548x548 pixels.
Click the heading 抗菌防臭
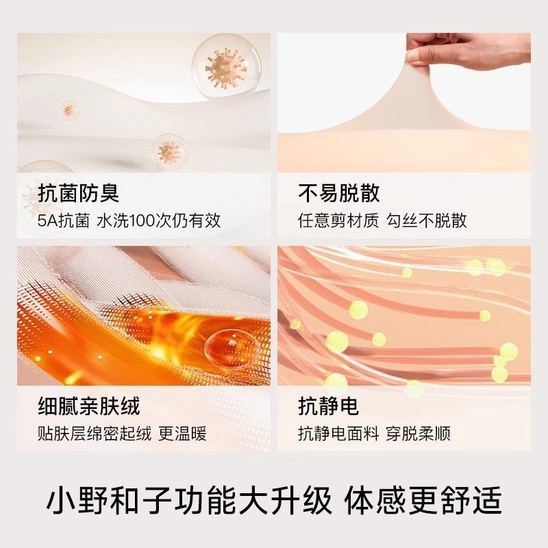pos(78,193)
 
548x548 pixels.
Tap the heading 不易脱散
pos(338,193)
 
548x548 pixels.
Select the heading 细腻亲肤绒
pos(89,406)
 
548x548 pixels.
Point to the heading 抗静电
pos(329,406)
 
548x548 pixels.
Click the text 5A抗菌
pos(64,221)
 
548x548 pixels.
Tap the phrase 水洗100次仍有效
pos(159,221)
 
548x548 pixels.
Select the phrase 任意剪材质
pos(338,221)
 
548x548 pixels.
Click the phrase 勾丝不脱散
pos(427,221)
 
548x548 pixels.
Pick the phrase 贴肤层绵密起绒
pos(95,434)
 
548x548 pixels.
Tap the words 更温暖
pos(182,434)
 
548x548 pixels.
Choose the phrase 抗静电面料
pos(338,434)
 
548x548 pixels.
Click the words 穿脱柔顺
pos(419,434)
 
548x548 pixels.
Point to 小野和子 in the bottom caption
pos(109,500)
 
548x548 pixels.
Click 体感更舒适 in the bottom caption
pos(423,500)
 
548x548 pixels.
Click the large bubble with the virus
pos(227,66)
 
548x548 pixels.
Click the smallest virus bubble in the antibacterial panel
pos(69,110)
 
